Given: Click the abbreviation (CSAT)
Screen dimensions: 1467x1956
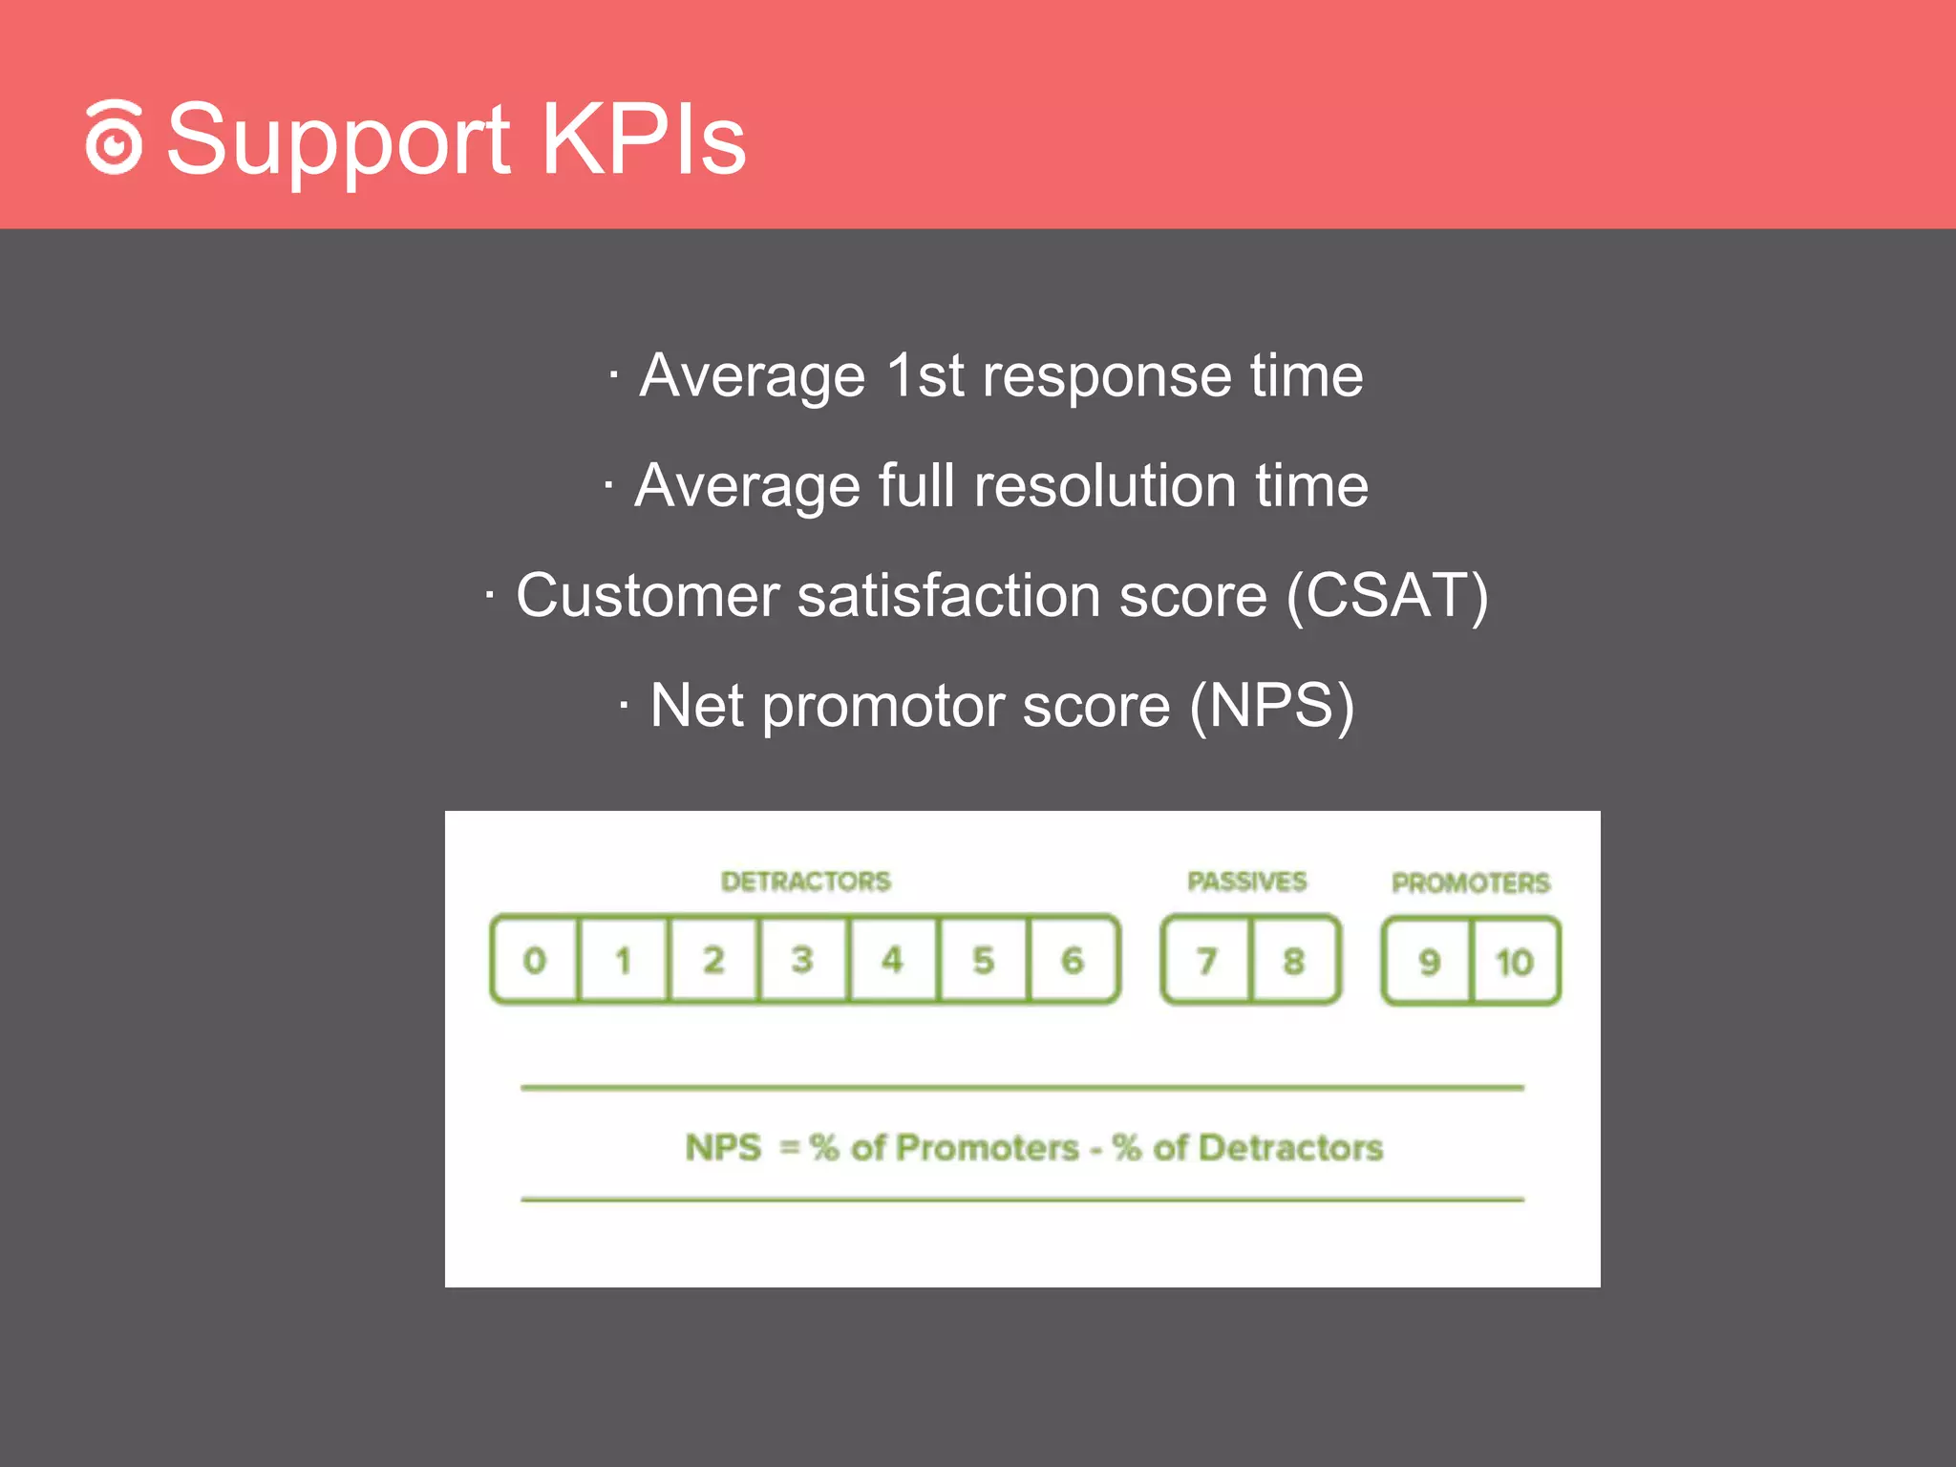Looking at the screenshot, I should [1387, 595].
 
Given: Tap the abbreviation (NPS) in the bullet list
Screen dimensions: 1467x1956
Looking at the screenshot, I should [1271, 706].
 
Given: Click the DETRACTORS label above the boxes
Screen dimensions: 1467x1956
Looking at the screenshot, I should [805, 881].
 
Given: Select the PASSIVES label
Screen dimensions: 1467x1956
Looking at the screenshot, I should [1246, 881].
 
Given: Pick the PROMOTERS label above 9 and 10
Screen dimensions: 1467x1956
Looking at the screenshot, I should [1470, 882].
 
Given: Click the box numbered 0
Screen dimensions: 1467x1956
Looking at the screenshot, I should [535, 960].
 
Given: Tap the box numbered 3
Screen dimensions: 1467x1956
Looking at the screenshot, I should [802, 960].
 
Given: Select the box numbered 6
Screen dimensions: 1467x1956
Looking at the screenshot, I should [1073, 960].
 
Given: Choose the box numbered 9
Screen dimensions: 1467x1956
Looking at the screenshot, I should [1429, 962].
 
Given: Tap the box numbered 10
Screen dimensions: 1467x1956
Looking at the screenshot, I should [1515, 962].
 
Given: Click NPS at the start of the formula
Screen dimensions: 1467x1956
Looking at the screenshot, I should [723, 1147].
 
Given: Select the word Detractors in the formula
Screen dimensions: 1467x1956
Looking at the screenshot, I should [1290, 1147].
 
